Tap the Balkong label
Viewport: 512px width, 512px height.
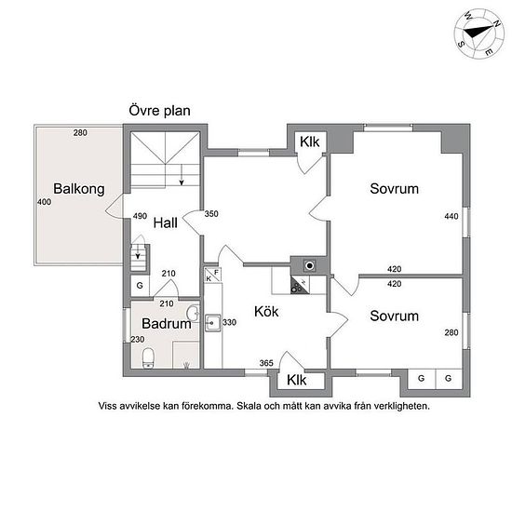point(79,189)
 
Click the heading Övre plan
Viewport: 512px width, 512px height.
point(160,111)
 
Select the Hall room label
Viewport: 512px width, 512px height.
point(166,223)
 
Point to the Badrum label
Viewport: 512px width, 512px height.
point(167,324)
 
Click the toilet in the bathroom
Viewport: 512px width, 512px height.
point(148,358)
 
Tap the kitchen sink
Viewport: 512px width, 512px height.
point(212,323)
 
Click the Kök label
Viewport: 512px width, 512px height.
point(266,312)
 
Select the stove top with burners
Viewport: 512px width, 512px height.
point(300,285)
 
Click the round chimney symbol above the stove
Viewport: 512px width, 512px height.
point(309,265)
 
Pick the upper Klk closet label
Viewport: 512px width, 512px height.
point(310,142)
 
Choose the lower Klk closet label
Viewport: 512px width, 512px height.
point(297,380)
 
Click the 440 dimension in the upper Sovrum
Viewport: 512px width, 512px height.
point(451,216)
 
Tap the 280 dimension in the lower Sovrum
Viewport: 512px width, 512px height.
point(451,332)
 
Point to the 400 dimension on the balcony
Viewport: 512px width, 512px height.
point(44,202)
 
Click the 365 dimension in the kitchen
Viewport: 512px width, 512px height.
point(266,363)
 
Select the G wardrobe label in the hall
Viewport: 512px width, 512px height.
point(140,286)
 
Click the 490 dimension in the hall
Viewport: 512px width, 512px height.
point(140,216)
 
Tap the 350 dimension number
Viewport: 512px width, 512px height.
point(211,214)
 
